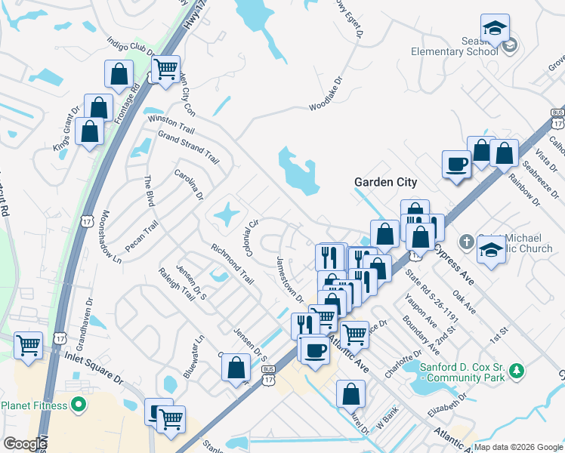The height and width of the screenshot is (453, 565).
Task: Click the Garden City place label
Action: (x=386, y=183)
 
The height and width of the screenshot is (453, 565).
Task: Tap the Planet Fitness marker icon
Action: (x=78, y=405)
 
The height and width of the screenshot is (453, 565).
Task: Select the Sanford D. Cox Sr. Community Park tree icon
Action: (x=517, y=371)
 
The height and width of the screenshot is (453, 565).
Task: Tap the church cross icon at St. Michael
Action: (x=468, y=242)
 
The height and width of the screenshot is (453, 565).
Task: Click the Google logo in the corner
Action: (x=25, y=443)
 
